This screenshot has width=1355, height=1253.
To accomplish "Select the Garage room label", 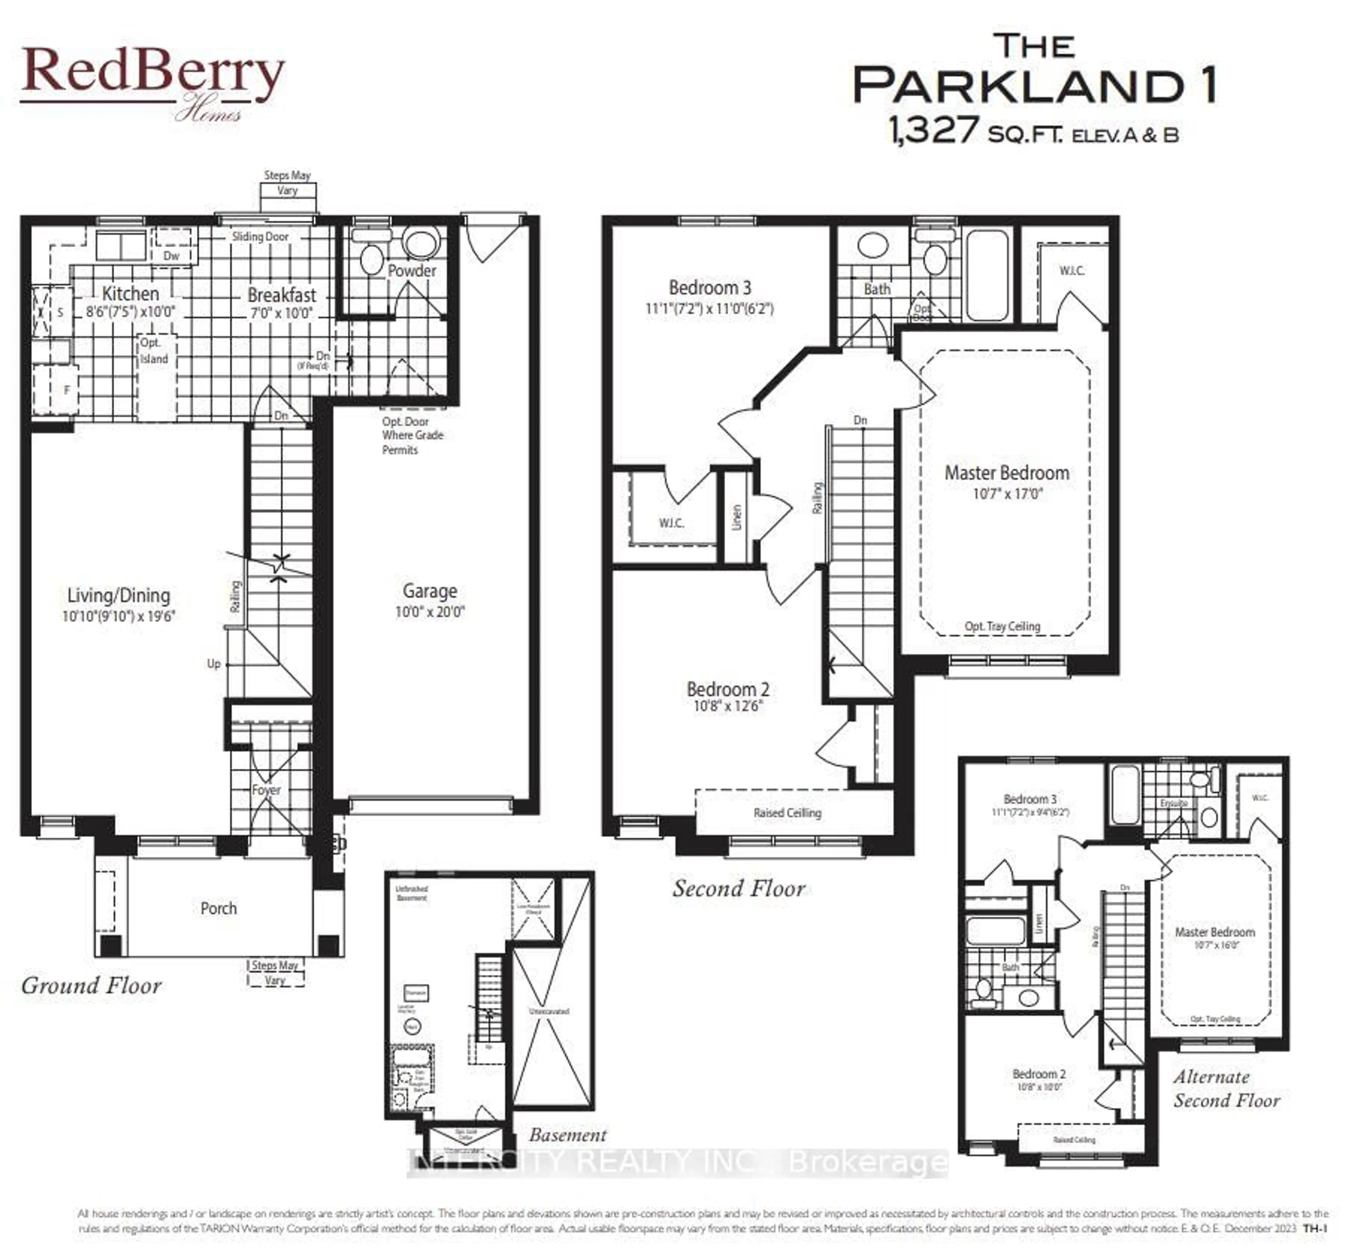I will coord(429,591).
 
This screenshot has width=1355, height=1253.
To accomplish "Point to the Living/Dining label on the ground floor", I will coord(119,595).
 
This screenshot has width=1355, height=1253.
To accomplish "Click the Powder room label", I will coord(412,271).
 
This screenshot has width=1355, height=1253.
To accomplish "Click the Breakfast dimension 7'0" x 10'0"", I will coord(281,313).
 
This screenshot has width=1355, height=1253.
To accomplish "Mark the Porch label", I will coord(218,908).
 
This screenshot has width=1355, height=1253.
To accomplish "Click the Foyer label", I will coord(266,790).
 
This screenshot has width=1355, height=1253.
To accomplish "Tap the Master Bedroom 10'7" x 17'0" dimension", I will coord(1007,494).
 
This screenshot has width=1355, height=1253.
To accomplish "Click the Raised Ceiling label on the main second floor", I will coord(787,812).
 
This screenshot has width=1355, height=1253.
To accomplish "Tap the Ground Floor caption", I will coord(91,985).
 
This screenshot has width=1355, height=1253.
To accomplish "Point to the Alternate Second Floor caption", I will coord(1226,1088).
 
